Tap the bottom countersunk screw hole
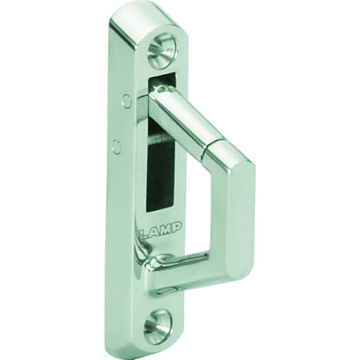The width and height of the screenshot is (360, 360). tap(158, 323)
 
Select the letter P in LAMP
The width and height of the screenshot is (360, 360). tap(176, 227)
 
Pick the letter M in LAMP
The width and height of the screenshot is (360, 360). tap(166, 228)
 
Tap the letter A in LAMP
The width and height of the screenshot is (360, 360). tap(154, 229)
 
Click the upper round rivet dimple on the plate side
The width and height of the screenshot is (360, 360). tap(127, 99)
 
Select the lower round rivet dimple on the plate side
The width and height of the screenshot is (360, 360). tap(117, 145)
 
